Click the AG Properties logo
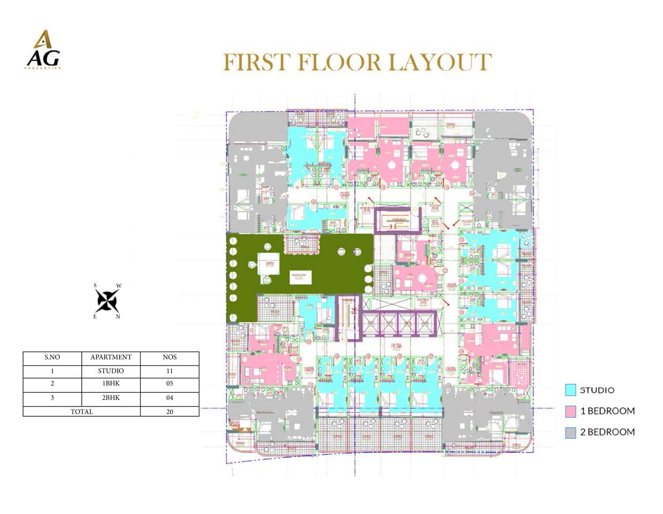click(43, 50)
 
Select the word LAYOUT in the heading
click(440, 63)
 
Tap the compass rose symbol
click(107, 301)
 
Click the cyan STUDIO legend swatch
click(570, 390)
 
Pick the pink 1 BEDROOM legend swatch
click(570, 411)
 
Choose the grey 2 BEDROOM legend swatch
click(570, 433)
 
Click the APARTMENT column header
click(110, 357)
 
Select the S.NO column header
click(52, 357)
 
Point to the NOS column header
click(170, 357)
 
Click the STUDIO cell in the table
click(110, 371)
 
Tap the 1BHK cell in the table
click(110, 383)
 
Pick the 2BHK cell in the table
click(110, 398)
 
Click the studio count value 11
click(170, 371)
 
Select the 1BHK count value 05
click(170, 383)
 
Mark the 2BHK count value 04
click(170, 398)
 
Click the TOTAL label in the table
click(82, 412)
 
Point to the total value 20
click(170, 412)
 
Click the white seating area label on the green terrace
click(301, 276)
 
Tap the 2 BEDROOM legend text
click(607, 432)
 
